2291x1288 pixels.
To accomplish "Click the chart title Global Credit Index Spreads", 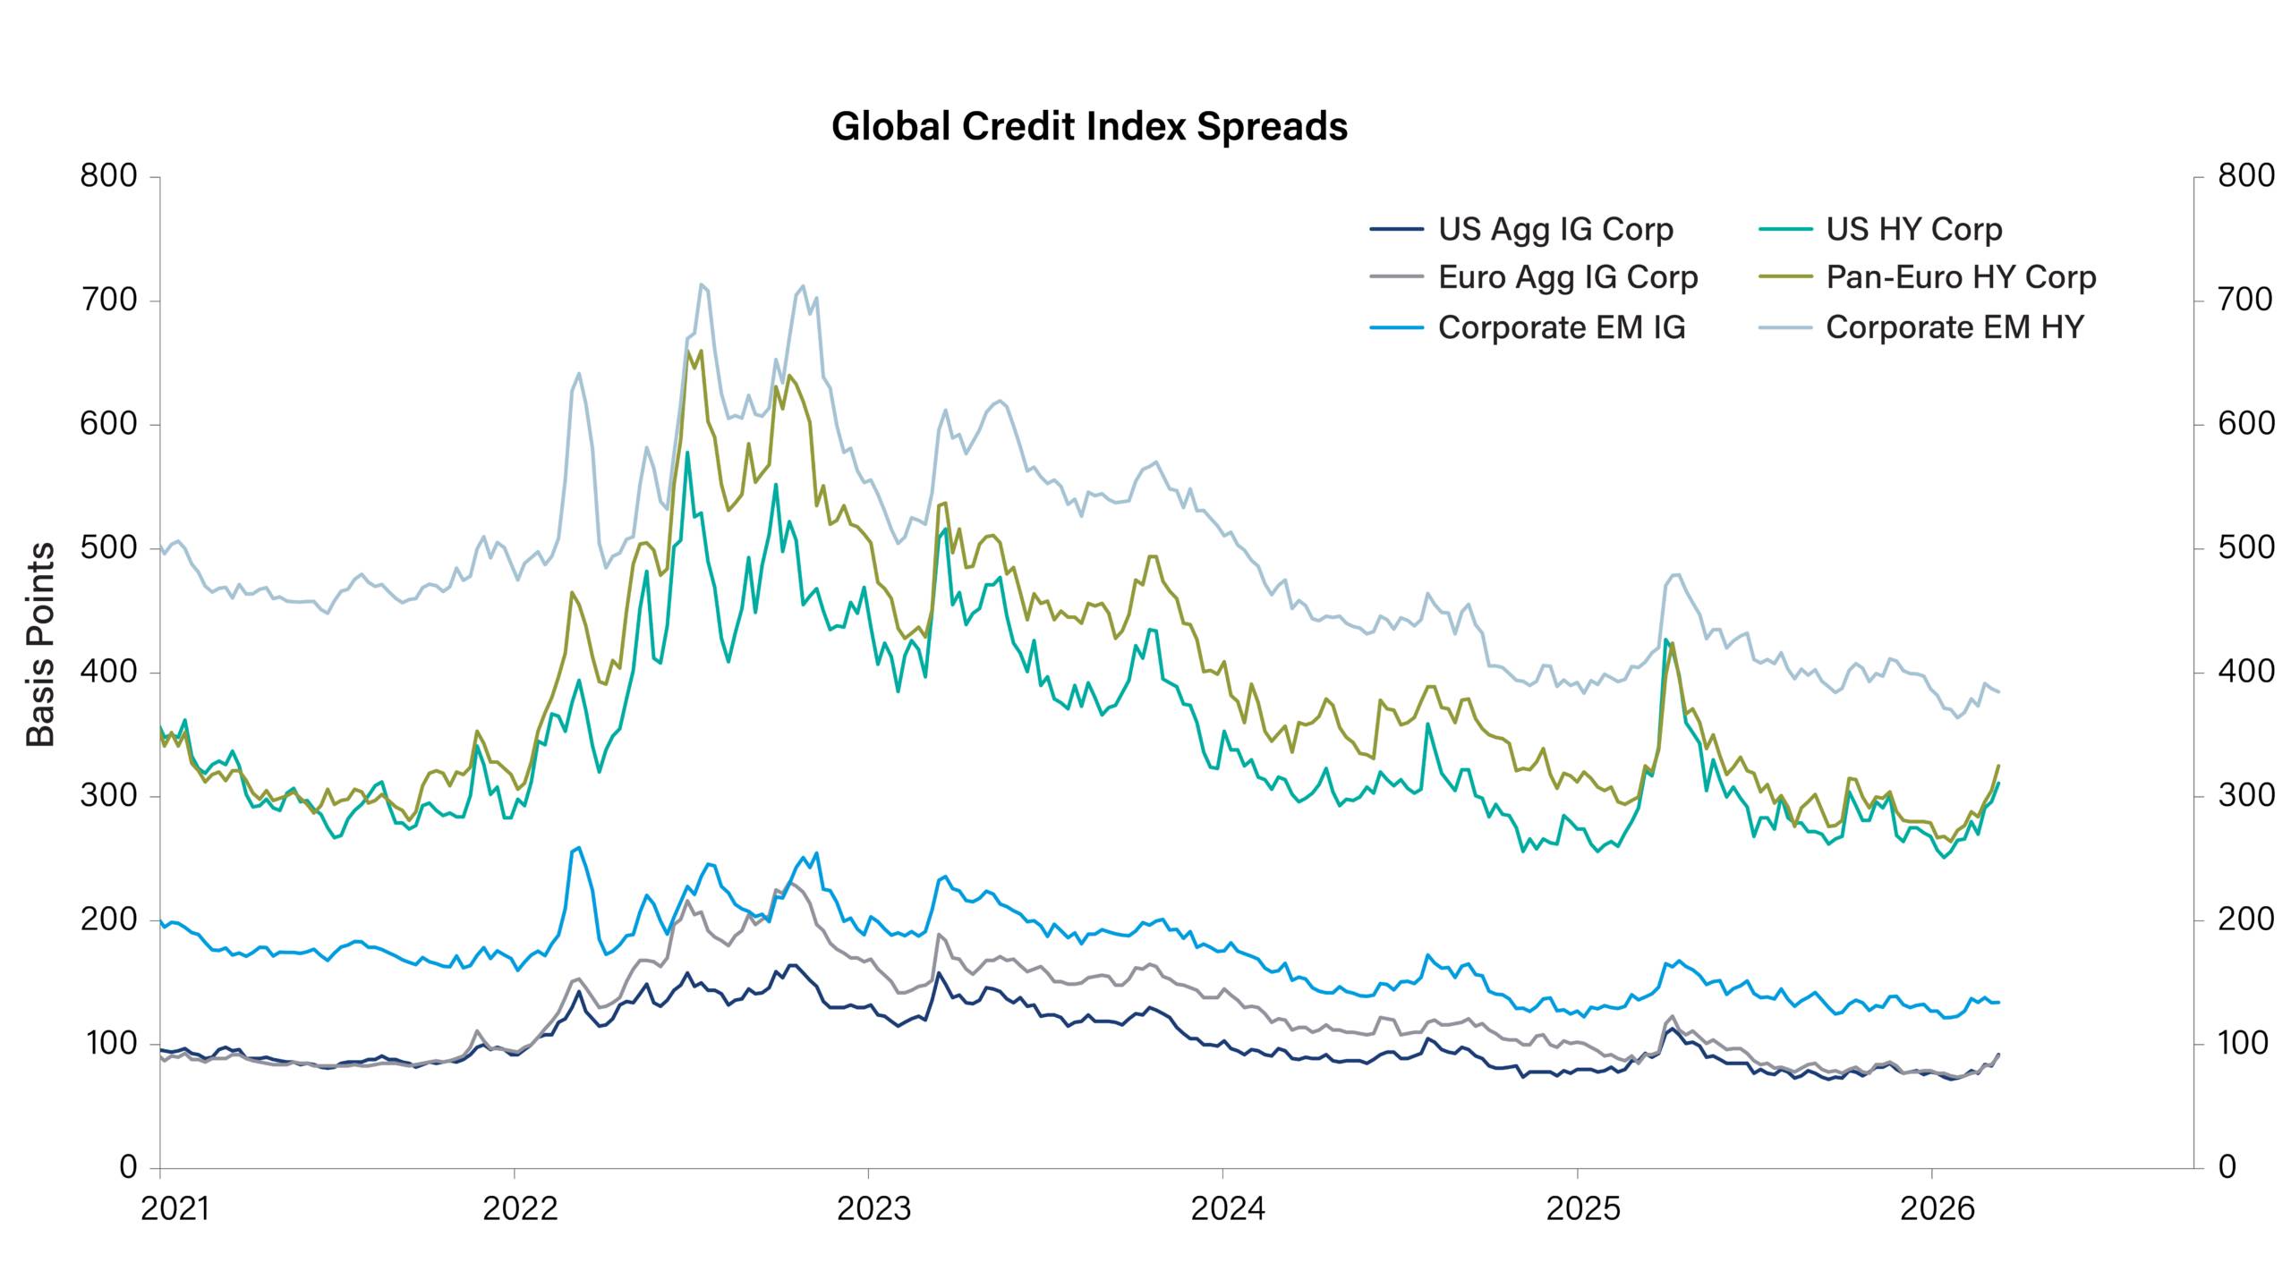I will pyautogui.click(x=1089, y=127).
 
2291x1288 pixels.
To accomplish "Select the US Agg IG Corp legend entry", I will pyautogui.click(x=1555, y=230).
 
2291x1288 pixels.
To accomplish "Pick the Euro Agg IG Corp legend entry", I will pyautogui.click(x=1567, y=278).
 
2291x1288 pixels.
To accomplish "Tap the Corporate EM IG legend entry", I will pyautogui.click(x=1561, y=328).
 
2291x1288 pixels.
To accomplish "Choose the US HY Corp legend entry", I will pyautogui.click(x=1913, y=230).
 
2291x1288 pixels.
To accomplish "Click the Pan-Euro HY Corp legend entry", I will pyautogui.click(x=1960, y=278).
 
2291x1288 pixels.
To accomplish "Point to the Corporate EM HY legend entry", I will pyautogui.click(x=1955, y=328).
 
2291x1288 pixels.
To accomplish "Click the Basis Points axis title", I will pyautogui.click(x=41, y=644).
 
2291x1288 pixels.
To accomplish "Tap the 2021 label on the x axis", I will pyautogui.click(x=175, y=1209).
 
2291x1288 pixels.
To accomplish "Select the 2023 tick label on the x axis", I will pyautogui.click(x=873, y=1209).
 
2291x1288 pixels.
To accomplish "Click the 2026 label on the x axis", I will pyautogui.click(x=1937, y=1209).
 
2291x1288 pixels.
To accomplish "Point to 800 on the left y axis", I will pyautogui.click(x=108, y=176).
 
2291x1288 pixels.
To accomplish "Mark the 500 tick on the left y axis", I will pyautogui.click(x=108, y=547).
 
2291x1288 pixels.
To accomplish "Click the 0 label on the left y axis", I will pyautogui.click(x=128, y=1166).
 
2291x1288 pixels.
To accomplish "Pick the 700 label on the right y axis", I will pyautogui.click(x=2246, y=300).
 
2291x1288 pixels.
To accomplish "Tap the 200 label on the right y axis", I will pyautogui.click(x=2246, y=919).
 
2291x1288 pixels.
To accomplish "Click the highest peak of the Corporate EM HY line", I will pyautogui.click(x=702, y=284).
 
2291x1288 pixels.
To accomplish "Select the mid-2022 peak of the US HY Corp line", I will pyautogui.click(x=687, y=453).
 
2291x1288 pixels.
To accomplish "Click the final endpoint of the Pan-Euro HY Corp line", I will pyautogui.click(x=1999, y=766).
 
